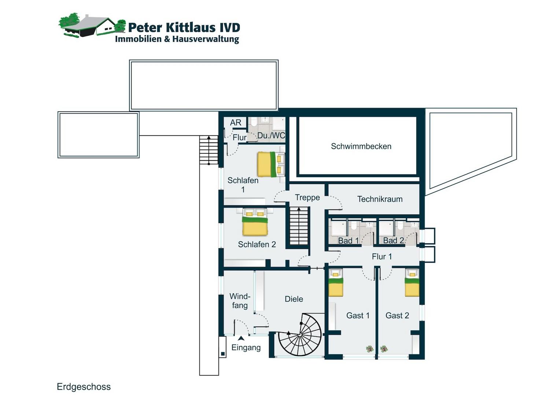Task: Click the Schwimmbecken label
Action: click(361, 146)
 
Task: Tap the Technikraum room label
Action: click(380, 199)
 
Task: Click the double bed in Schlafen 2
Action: click(255, 222)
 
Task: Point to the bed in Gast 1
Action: click(335, 282)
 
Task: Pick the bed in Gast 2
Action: click(412, 282)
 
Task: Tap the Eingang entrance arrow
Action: click(241, 338)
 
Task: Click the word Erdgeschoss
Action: click(84, 387)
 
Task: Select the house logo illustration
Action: click(92, 26)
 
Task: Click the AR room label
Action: click(236, 122)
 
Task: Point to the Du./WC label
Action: click(271, 136)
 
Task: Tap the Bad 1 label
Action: click(348, 241)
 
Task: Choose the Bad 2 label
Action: click(394, 241)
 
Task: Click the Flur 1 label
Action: click(382, 256)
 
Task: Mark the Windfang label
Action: click(240, 301)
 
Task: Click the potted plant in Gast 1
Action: click(370, 349)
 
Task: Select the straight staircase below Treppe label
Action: click(298, 226)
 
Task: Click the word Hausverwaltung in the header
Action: click(206, 39)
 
